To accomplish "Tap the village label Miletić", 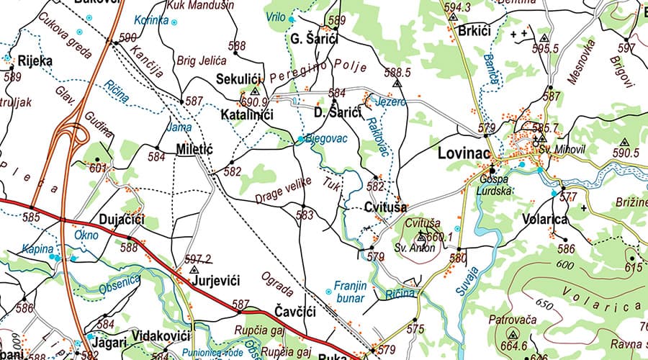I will (194, 150).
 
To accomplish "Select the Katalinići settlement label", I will (244, 114).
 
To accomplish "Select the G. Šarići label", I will (315, 39).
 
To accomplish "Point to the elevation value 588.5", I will (397, 73).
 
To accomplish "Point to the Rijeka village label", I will (36, 60).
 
